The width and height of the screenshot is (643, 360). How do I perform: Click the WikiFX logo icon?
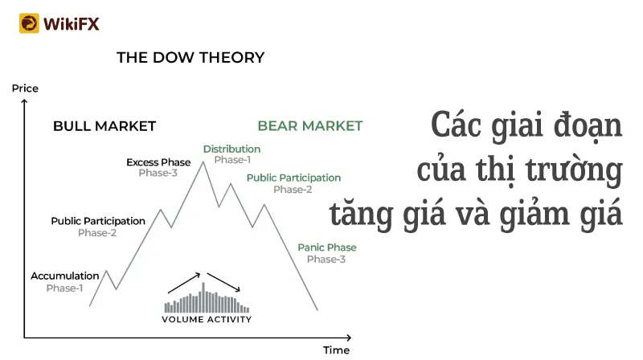pyautogui.click(x=29, y=23)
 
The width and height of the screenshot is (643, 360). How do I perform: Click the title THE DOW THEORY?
pyautogui.click(x=190, y=57)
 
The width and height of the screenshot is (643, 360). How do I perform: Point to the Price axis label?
pyautogui.click(x=25, y=88)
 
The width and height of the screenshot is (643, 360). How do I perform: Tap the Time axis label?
pyautogui.click(x=336, y=350)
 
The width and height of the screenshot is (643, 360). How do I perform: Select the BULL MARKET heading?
pyautogui.click(x=104, y=126)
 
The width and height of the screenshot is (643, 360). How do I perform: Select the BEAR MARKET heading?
pyautogui.click(x=310, y=125)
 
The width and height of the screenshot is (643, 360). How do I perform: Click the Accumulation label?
pyautogui.click(x=65, y=276)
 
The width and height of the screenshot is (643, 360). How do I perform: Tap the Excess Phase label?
pyautogui.click(x=158, y=162)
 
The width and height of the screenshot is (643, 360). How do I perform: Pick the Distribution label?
pyautogui.click(x=231, y=149)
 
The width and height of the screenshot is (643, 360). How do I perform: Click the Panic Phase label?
pyautogui.click(x=327, y=247)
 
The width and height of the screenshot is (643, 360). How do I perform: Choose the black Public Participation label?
pyautogui.click(x=98, y=221)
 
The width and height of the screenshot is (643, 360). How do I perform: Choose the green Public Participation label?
pyautogui.click(x=293, y=178)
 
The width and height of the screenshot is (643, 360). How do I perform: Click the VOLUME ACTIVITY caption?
pyautogui.click(x=207, y=319)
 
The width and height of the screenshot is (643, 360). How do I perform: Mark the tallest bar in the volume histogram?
pyautogui.click(x=203, y=297)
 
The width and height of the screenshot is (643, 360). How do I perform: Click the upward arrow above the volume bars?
pyautogui.click(x=184, y=283)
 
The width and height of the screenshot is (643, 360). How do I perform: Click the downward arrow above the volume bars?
pyautogui.click(x=223, y=282)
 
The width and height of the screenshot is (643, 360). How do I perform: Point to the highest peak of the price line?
pyautogui.click(x=203, y=162)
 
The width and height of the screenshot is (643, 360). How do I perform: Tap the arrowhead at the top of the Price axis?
pyautogui.click(x=25, y=102)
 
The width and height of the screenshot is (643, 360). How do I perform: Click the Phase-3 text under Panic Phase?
pyautogui.click(x=326, y=259)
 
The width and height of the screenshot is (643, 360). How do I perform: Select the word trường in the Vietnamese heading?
pyautogui.click(x=574, y=170)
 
